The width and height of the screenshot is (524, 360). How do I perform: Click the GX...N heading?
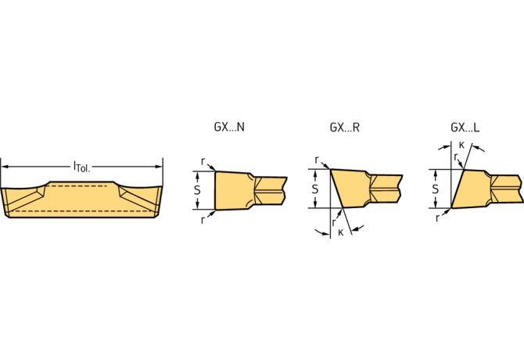point(228,127)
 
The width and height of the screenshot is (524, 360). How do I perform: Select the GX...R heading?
point(344,127)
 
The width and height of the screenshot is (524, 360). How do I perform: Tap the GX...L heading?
point(465,127)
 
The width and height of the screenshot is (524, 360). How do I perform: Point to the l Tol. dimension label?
point(81,166)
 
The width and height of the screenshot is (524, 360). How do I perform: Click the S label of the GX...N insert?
point(197,189)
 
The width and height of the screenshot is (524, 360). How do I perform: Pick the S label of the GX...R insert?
point(315,189)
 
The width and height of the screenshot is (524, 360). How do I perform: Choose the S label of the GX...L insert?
point(436,189)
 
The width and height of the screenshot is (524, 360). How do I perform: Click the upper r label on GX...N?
point(203,161)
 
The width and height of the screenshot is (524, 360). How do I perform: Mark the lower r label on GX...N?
point(203,220)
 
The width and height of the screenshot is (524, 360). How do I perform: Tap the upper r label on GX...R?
point(318,160)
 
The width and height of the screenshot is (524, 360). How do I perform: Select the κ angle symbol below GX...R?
point(340,232)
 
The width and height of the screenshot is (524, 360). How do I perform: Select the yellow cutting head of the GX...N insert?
point(231,190)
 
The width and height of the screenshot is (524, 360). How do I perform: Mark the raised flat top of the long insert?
point(82,185)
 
